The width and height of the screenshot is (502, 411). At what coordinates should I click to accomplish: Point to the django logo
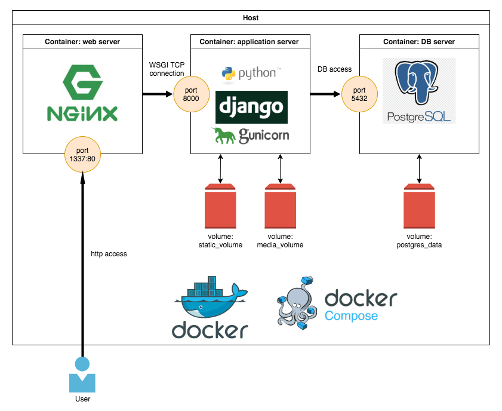[251, 107]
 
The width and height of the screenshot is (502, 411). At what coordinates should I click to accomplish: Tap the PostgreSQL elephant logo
[419, 90]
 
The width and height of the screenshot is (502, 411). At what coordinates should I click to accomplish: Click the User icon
[82, 375]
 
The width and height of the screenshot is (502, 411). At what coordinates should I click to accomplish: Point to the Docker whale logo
[210, 307]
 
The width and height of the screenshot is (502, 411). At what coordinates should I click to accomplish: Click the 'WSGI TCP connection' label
[167, 69]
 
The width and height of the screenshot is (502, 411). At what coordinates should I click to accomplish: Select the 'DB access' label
[334, 69]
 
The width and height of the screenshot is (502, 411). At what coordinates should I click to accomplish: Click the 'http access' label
[109, 254]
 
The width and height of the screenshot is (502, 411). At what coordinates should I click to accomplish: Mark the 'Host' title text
[251, 18]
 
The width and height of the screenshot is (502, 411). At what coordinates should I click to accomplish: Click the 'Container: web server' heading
[82, 42]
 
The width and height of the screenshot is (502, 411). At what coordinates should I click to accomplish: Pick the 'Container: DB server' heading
[419, 42]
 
